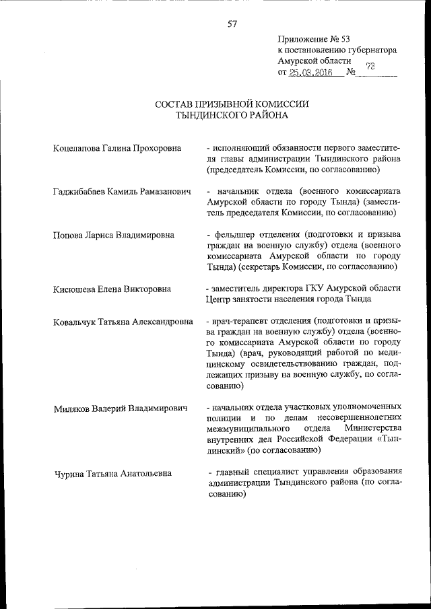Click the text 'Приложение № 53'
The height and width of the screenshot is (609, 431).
click(314, 39)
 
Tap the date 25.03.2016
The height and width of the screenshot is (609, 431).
click(311, 72)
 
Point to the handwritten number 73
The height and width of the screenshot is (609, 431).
click(370, 66)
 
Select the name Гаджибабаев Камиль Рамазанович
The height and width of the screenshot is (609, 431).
click(122, 192)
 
